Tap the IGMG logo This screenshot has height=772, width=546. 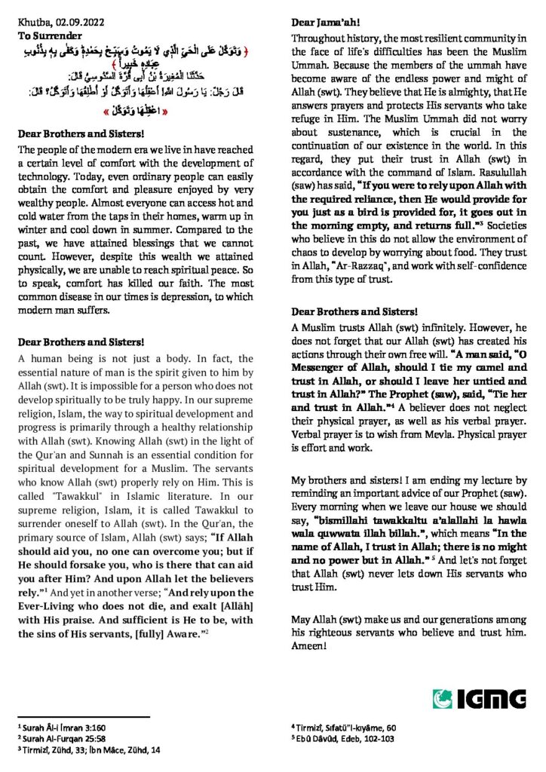480,699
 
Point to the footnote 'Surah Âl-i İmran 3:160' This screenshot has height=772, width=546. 62,729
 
